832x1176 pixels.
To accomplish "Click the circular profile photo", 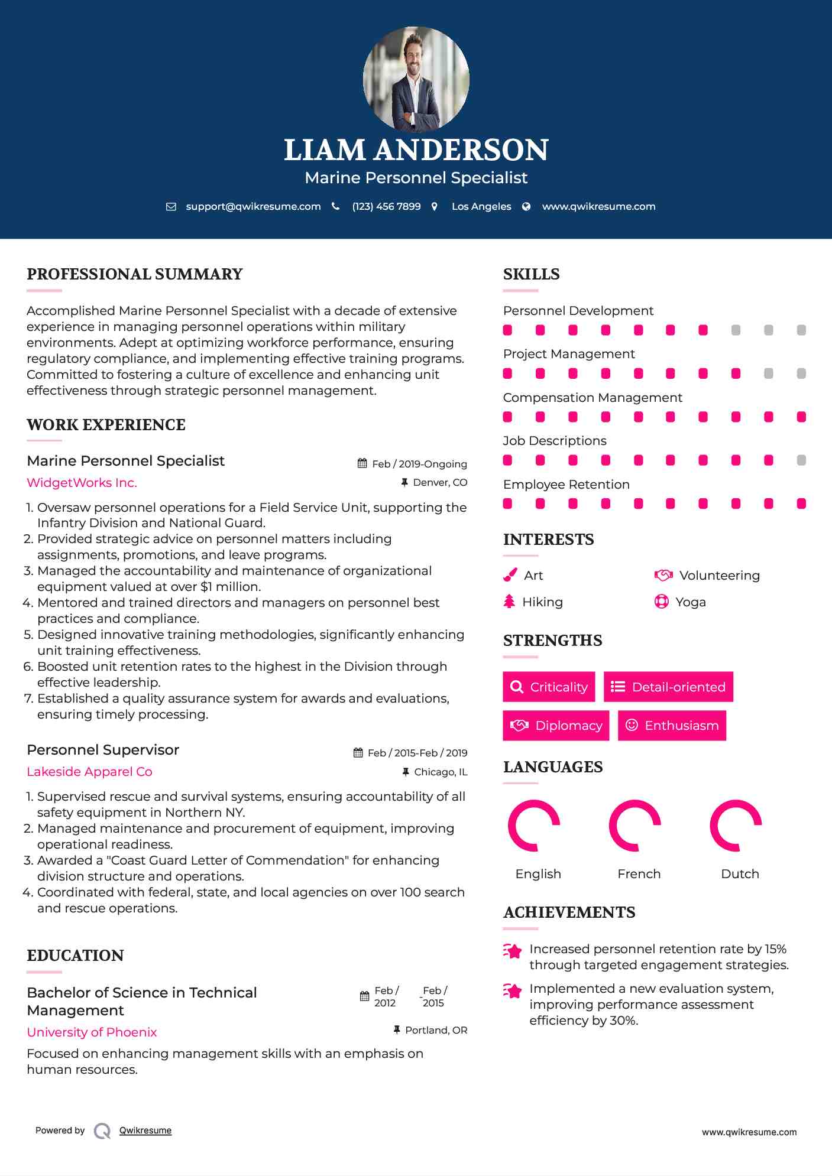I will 416,79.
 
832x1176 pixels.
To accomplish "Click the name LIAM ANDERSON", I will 416,150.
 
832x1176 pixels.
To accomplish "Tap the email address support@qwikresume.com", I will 253,207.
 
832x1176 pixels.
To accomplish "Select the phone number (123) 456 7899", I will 386,207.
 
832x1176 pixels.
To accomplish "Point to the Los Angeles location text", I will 481,207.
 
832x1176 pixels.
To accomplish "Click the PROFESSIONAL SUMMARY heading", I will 135,274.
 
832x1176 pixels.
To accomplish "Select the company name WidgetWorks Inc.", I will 82,483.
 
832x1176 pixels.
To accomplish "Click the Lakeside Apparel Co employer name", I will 89,772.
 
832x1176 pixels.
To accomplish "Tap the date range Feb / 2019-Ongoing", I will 419,464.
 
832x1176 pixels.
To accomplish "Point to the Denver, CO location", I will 440,483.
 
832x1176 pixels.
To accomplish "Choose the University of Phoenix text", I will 92,1032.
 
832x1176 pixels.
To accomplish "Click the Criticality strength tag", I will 549,687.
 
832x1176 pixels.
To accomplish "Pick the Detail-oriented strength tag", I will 668,687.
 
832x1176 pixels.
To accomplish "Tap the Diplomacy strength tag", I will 556,726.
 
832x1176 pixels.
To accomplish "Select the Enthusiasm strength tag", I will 672,726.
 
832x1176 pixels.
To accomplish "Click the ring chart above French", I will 634,826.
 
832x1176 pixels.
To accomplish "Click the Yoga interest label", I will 691,602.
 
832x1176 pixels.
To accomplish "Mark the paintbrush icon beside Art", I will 510,576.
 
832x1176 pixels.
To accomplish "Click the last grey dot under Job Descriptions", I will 801,460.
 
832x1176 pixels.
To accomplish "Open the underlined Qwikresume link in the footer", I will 145,1130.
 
